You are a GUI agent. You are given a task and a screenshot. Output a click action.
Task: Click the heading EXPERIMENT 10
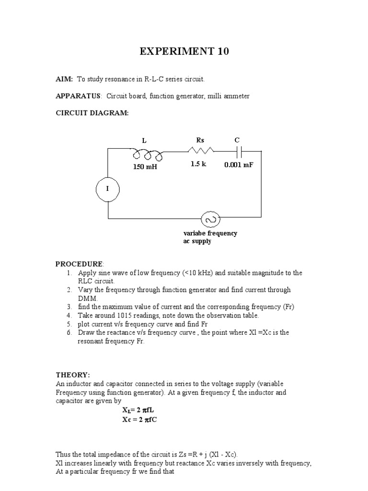[184, 51]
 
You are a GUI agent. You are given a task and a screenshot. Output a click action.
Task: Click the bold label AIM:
[64, 79]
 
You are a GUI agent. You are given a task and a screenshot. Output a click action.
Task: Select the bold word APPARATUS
[78, 96]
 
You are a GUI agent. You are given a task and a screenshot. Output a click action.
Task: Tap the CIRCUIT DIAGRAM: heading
[92, 113]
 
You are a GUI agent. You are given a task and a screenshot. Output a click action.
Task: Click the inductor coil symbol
[148, 154]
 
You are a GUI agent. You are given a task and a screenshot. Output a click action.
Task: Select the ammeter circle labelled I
[107, 189]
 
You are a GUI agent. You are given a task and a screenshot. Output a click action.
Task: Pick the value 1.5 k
[198, 164]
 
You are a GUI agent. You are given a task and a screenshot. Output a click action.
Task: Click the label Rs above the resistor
[201, 140]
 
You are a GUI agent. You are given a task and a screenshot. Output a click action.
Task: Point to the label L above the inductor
[144, 140]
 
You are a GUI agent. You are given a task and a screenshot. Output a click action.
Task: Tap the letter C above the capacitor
[237, 140]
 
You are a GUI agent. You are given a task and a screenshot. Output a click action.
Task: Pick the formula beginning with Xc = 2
[141, 420]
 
